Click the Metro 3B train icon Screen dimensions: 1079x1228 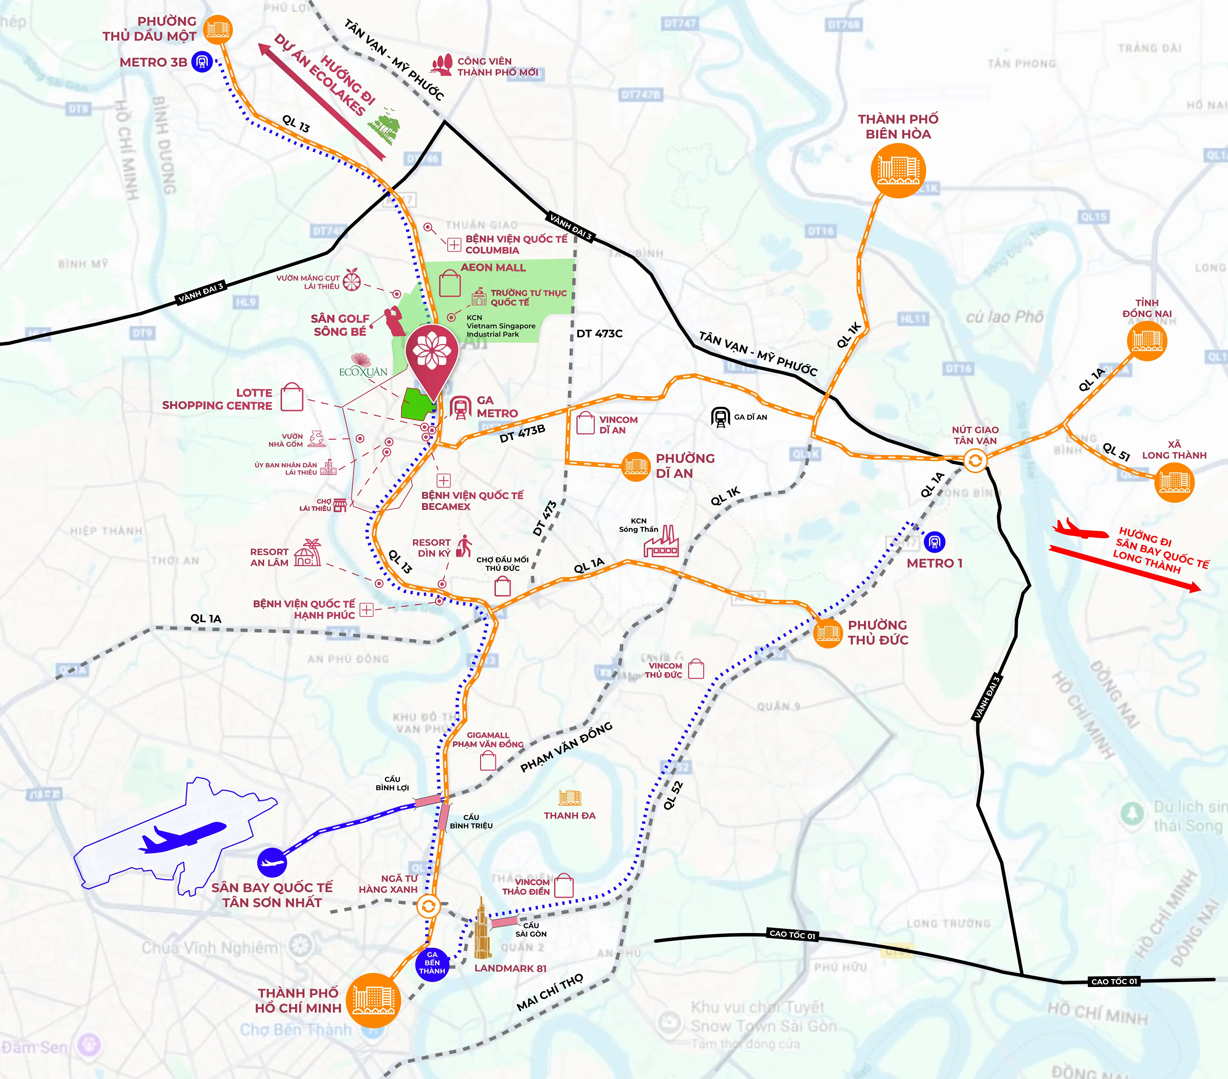[x=202, y=62]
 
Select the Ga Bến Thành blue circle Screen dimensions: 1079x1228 [x=432, y=964]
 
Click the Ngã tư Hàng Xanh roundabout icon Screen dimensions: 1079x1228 [x=428, y=906]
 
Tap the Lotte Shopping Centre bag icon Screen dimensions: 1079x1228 [x=292, y=397]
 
